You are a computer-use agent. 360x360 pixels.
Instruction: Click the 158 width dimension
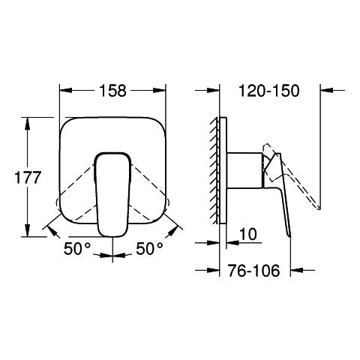pyautogui.click(x=113, y=91)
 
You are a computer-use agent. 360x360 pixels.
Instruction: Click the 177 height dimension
pyautogui.click(x=28, y=178)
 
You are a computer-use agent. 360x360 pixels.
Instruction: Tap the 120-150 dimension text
pyautogui.click(x=269, y=91)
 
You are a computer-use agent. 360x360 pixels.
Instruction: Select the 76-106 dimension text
pyautogui.click(x=253, y=271)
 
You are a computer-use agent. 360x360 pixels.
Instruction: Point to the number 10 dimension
pyautogui.click(x=248, y=234)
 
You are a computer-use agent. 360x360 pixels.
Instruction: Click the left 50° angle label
pyautogui.click(x=77, y=249)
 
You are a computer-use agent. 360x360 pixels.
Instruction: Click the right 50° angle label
pyautogui.click(x=149, y=249)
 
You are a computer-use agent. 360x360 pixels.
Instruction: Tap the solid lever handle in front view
pyautogui.click(x=112, y=194)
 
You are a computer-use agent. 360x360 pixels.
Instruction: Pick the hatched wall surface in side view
pyautogui.click(x=214, y=170)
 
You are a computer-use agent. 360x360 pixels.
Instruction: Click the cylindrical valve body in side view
pyautogui.click(x=244, y=170)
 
